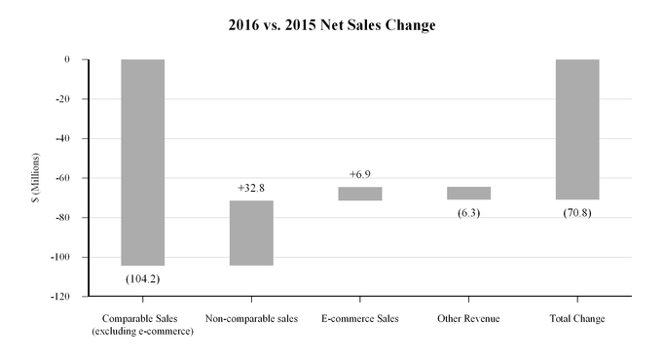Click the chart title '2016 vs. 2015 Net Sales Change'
(x=331, y=25)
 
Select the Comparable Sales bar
(x=143, y=162)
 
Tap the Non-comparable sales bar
(x=251, y=233)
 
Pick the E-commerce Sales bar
(x=360, y=194)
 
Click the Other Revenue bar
(x=469, y=193)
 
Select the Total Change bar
(x=577, y=129)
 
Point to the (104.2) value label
(x=143, y=278)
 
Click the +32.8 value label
(x=251, y=188)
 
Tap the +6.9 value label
(x=360, y=174)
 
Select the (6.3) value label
(x=469, y=212)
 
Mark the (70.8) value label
(x=577, y=212)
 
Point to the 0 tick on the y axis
(x=67, y=59)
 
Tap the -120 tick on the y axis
(x=60, y=296)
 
